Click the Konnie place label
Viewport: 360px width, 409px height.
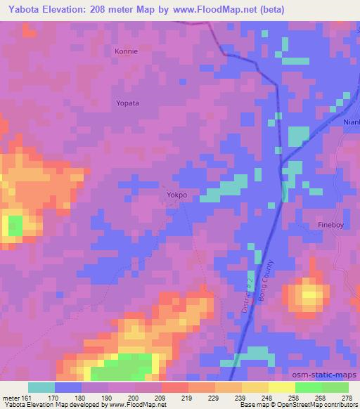(127, 51)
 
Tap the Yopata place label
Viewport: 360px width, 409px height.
(127, 103)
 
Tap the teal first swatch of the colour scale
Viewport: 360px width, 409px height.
(41, 387)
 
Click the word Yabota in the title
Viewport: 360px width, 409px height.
(22, 10)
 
